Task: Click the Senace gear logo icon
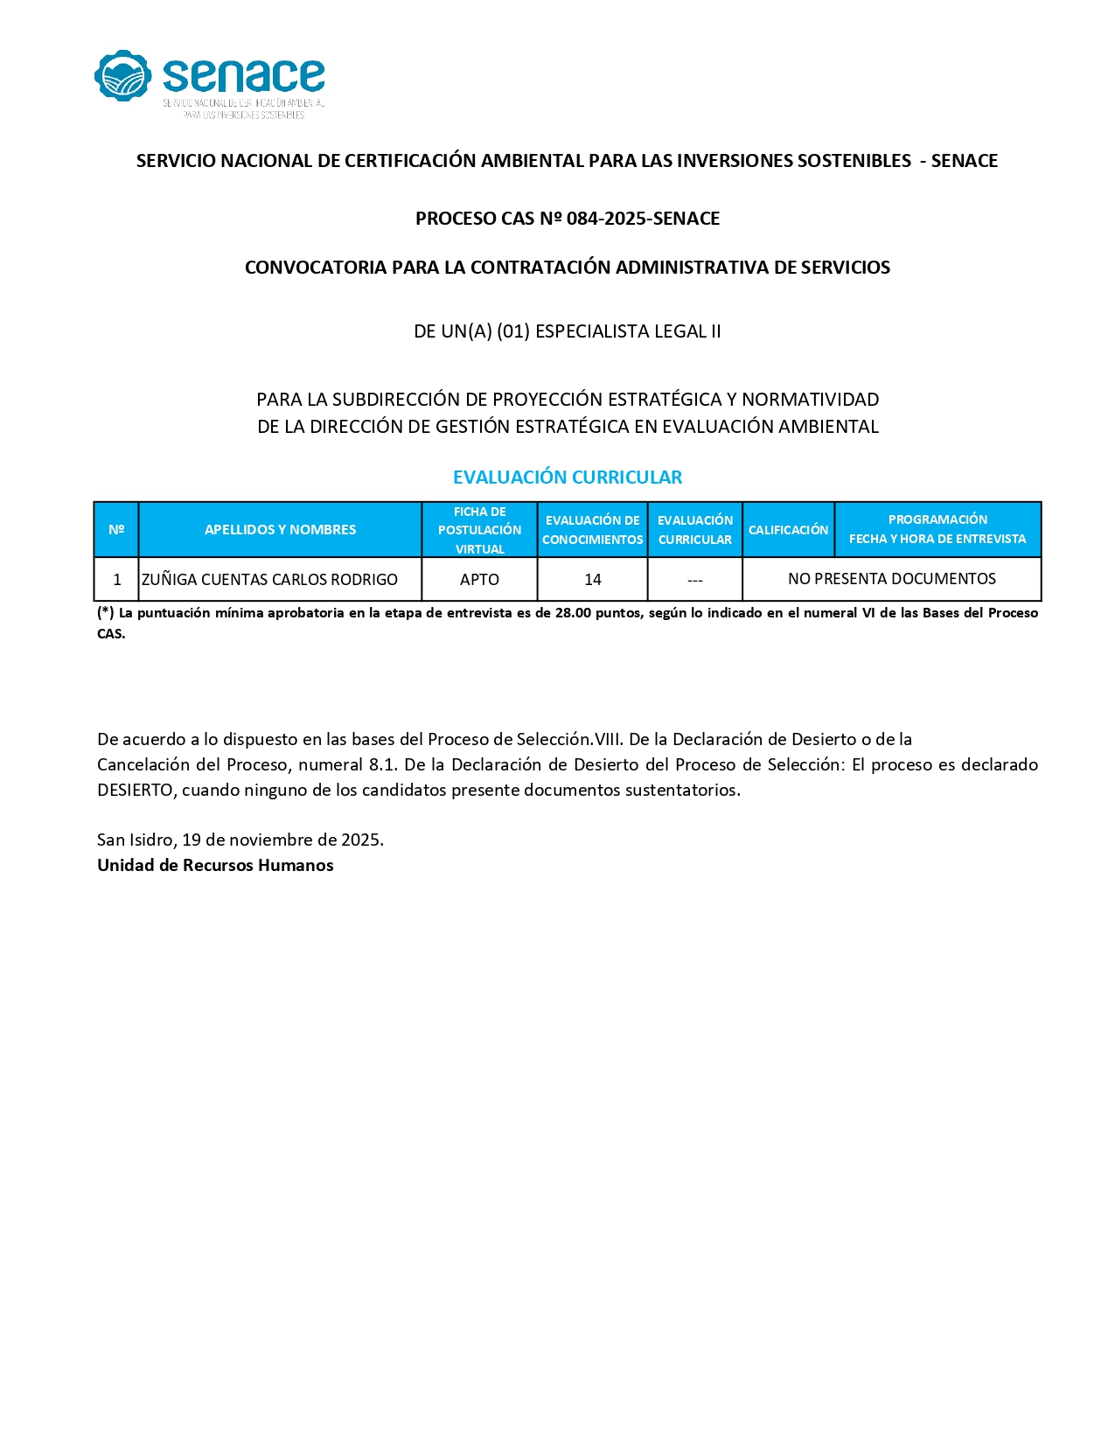[x=122, y=75]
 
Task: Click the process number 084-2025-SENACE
[x=643, y=219]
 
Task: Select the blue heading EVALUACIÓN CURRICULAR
[x=567, y=478]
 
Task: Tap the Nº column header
[x=116, y=530]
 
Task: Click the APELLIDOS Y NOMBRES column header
[x=280, y=530]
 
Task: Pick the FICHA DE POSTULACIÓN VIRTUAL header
[x=479, y=530]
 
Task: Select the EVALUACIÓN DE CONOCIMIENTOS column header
[x=592, y=530]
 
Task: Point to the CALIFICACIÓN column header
[x=788, y=530]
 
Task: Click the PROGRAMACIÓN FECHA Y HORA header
[x=937, y=529]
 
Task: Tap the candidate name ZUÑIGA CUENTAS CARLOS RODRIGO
[x=269, y=580]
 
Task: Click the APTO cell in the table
[x=479, y=580]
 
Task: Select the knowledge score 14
[x=593, y=580]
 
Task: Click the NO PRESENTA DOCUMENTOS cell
[x=891, y=579]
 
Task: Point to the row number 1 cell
[x=117, y=580]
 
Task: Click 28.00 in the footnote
[x=573, y=613]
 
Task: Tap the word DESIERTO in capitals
[x=136, y=791]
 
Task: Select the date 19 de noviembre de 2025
[x=282, y=840]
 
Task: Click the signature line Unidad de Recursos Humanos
[x=215, y=866]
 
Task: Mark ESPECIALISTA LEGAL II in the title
[x=628, y=331]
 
